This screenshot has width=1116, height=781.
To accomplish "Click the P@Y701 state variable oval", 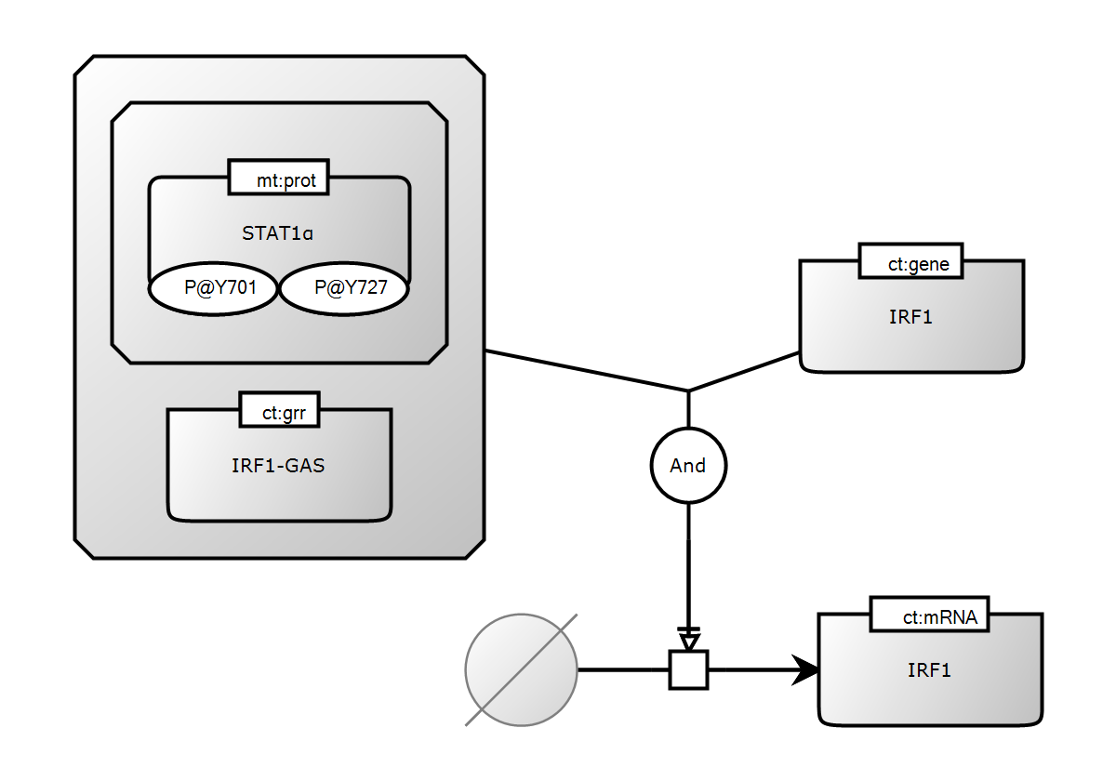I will (x=215, y=289).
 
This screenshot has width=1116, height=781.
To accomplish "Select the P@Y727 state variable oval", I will (x=345, y=289).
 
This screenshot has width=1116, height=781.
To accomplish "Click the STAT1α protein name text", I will (x=278, y=233).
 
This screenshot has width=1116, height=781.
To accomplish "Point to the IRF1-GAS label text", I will (x=278, y=466).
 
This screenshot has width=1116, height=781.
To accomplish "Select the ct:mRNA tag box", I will (x=929, y=615).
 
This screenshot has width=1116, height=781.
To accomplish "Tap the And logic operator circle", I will (x=688, y=465).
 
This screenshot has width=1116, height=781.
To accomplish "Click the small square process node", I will (x=688, y=669).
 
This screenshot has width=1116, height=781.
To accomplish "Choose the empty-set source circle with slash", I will (x=521, y=669).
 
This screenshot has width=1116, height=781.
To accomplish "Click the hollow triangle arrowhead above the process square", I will (x=688, y=641).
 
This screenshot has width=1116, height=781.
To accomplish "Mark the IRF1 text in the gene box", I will (x=910, y=317).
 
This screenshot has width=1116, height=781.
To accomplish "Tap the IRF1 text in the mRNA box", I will (x=929, y=669).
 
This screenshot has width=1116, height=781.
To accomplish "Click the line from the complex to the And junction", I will (x=586, y=371).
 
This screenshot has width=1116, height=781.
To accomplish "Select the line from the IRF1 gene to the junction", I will (x=744, y=372).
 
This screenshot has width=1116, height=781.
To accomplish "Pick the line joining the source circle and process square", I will (x=623, y=669).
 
